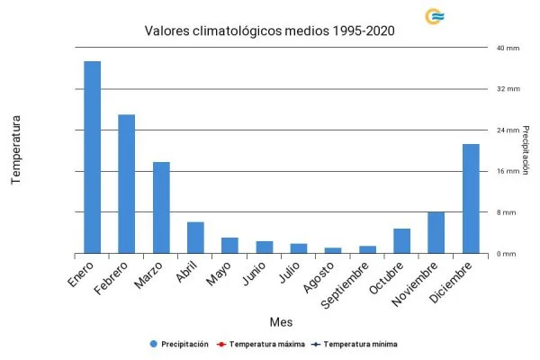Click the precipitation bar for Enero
[92, 157]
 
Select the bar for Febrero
[127, 184]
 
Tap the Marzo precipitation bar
[161, 208]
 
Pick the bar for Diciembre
[471, 199]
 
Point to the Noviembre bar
[436, 233]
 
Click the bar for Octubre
[402, 241]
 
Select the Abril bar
[195, 238]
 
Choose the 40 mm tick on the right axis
[508, 48]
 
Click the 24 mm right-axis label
[508, 130]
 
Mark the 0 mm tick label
[506, 254]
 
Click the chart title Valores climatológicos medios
[270, 31]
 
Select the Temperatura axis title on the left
[15, 149]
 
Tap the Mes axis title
[280, 321]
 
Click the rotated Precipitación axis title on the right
[526, 149]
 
